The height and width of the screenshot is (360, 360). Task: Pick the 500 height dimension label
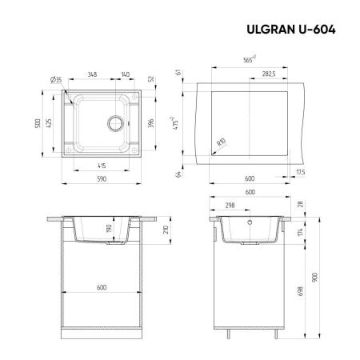(x=36, y=126)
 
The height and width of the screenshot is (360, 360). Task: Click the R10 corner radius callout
(x=220, y=144)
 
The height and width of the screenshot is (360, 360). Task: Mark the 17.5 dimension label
(x=300, y=172)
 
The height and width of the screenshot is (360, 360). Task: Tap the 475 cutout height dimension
(x=186, y=126)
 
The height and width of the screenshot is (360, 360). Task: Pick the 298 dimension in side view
(x=230, y=206)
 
